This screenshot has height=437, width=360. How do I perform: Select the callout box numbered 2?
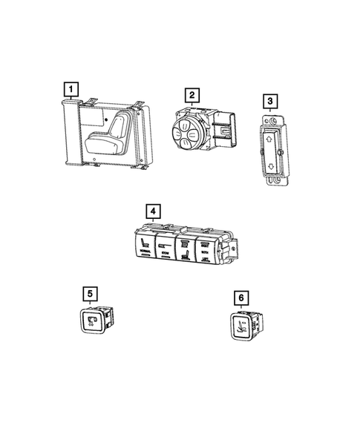(x=192, y=95)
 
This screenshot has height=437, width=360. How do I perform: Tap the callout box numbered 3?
(x=269, y=102)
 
